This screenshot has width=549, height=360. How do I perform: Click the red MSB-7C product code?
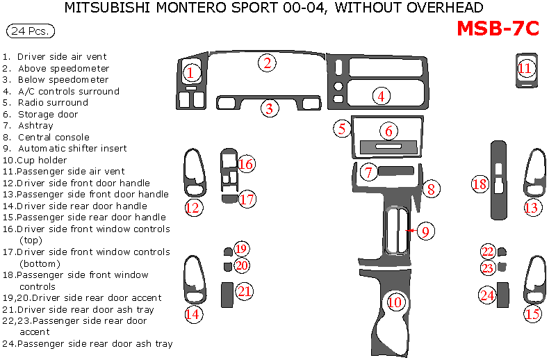[498, 28]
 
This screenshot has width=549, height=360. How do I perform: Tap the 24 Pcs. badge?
[30, 31]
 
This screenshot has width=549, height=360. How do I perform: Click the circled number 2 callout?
[268, 63]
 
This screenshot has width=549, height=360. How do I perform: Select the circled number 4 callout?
[381, 96]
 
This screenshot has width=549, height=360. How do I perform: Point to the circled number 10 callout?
[395, 302]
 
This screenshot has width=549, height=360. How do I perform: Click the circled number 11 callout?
[525, 68]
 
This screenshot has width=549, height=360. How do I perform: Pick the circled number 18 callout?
[480, 184]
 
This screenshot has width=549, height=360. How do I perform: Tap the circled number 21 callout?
[244, 291]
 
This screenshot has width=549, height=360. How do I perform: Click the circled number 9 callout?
[426, 231]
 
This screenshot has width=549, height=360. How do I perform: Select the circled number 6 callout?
[389, 131]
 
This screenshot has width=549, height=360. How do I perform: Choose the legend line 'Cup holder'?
[42, 160]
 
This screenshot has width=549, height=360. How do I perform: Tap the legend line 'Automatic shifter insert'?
[72, 148]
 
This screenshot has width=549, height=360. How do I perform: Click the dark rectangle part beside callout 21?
[227, 294]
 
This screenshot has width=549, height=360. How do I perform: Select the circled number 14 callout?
[192, 314]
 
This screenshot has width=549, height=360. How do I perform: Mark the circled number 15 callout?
[532, 314]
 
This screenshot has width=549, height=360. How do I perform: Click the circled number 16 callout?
[245, 164]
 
